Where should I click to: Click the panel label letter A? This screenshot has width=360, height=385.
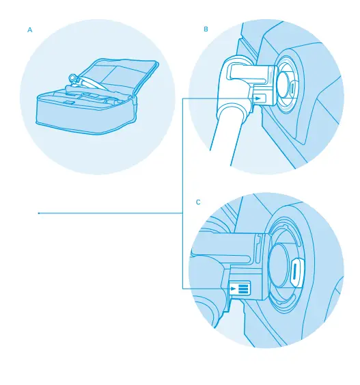coord(29,30)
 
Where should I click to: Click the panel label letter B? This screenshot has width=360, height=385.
coord(206,30)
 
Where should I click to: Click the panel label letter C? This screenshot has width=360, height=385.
coord(198,202)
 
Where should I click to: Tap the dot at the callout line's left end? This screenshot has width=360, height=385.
coord(38,213)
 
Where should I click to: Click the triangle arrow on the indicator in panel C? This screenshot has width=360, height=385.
coord(234,289)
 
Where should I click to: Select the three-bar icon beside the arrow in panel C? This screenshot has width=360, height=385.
coord(245,289)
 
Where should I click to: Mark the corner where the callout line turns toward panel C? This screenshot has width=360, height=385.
coord(183,288)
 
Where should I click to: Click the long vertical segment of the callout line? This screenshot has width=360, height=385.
coord(183,171)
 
